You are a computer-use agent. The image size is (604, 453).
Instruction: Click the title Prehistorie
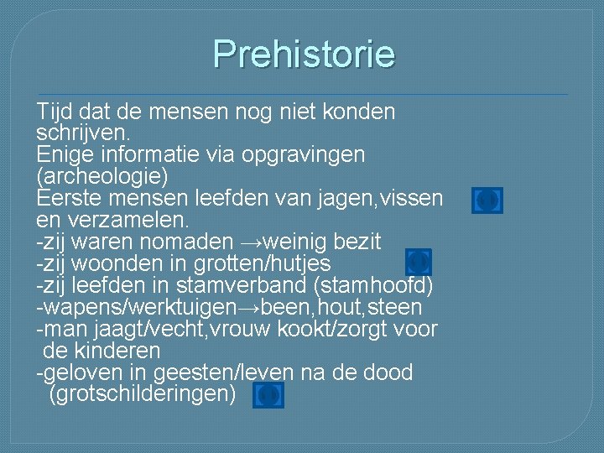click(x=303, y=55)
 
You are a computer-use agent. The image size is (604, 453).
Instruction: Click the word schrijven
click(x=82, y=133)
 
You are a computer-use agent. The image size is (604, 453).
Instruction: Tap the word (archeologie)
click(x=102, y=177)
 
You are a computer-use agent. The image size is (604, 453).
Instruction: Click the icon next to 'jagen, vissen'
click(x=487, y=200)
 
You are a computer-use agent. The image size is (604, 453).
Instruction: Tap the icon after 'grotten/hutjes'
click(x=418, y=262)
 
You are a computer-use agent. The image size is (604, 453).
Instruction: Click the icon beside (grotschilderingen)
click(x=269, y=394)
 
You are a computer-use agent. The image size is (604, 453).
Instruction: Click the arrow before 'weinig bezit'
click(x=251, y=242)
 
